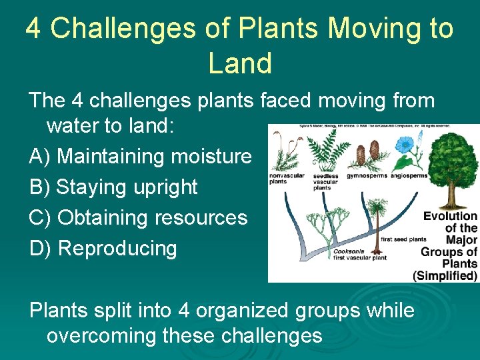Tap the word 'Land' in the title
click(240, 63)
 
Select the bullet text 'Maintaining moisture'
click(154, 157)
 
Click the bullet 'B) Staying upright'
click(113, 187)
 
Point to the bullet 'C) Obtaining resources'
click(138, 218)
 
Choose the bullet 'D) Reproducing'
click(103, 249)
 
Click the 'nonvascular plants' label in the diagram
click(286, 179)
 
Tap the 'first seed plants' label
click(403, 239)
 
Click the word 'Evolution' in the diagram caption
click(451, 216)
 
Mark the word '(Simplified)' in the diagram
click(445, 275)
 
